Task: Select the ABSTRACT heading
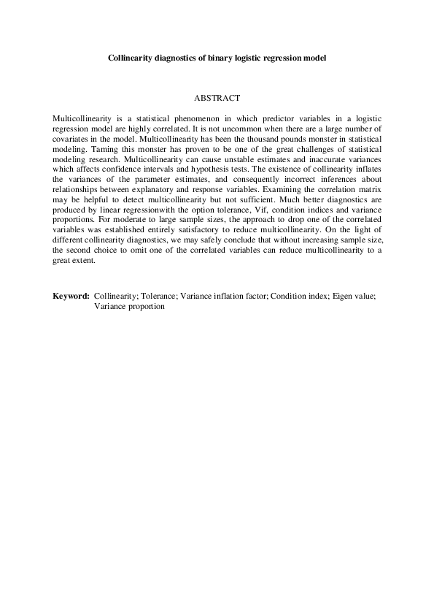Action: click(x=217, y=97)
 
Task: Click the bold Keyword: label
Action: click(x=71, y=297)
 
